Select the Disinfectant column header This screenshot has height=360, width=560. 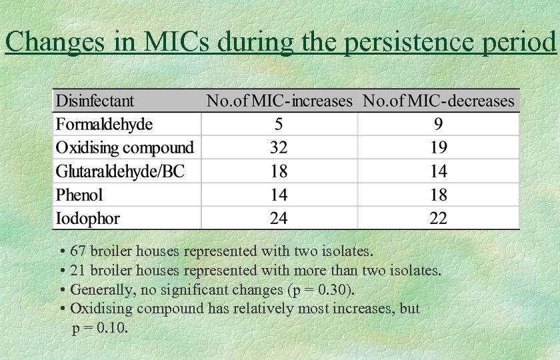point(95,101)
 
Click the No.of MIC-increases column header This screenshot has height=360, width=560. point(279,101)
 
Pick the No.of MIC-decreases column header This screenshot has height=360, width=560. point(438,101)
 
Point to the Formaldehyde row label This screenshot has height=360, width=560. point(104,124)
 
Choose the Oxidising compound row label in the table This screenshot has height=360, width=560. point(125,147)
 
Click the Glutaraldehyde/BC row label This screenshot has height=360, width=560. point(119,171)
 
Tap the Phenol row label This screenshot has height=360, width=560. point(79,195)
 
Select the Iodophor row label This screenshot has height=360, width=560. point(87,218)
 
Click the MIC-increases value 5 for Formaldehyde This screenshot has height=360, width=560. point(279,124)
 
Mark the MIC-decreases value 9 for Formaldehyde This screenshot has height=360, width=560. point(438,124)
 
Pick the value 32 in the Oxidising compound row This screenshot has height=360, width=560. point(279,147)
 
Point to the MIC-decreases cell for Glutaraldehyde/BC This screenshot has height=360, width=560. point(438,171)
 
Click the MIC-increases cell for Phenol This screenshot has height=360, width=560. point(279,195)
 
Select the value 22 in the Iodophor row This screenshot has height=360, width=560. point(438,218)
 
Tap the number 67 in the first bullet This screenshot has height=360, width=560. point(79,251)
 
